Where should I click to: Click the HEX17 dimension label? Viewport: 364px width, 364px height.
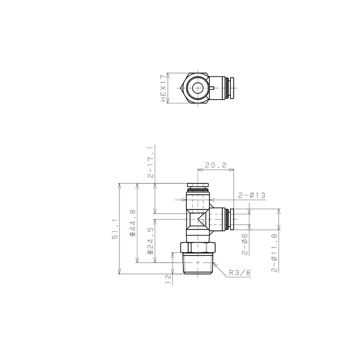[x=164, y=88]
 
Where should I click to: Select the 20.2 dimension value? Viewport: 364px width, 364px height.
[x=216, y=166]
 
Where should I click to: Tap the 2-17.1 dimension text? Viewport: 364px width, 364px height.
[x=150, y=162]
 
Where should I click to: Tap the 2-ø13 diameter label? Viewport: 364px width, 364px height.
[x=251, y=195]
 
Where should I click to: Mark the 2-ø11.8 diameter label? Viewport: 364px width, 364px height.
[x=274, y=252]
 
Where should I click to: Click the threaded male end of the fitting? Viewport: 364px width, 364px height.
[x=198, y=264]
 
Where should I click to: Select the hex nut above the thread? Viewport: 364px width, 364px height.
[x=198, y=248]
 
